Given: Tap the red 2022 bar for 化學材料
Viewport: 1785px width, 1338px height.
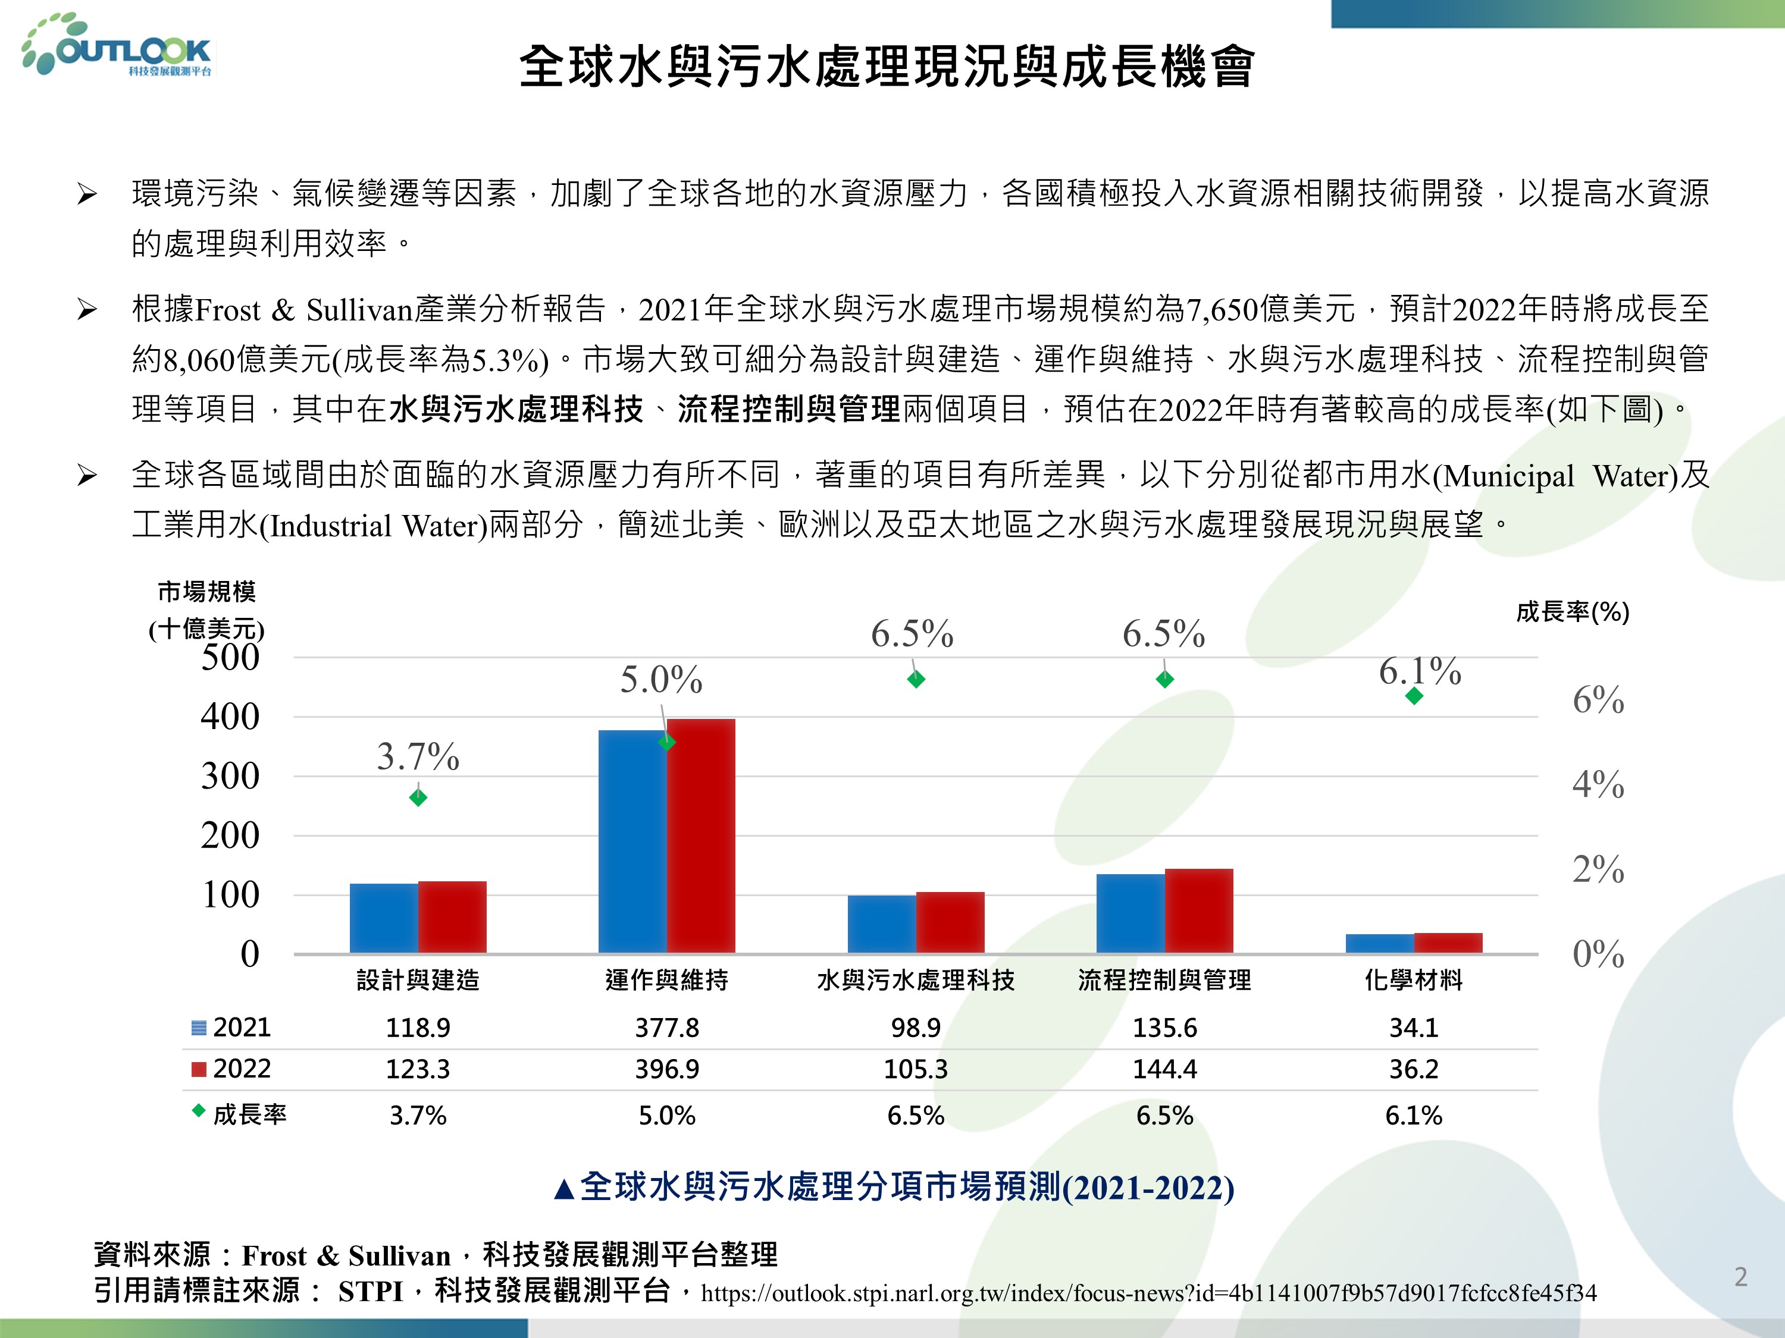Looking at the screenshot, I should (1448, 943).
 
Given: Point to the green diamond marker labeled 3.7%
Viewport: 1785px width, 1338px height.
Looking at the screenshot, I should (418, 797).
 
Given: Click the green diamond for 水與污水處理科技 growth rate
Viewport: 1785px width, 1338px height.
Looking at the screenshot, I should (916, 680).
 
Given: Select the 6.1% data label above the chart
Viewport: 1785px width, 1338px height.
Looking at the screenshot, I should (1420, 671).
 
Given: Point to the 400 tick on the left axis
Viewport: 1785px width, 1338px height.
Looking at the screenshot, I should (230, 716).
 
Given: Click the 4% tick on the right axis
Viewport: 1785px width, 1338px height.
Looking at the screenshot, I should (1598, 784).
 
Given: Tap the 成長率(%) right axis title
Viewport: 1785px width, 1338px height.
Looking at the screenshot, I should (1572, 612).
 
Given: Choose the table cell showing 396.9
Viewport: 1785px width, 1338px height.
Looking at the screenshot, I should (666, 1069).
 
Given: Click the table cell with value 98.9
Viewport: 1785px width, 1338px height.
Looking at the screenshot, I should (916, 1028).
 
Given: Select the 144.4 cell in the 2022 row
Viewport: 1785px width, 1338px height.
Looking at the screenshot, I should (1164, 1069).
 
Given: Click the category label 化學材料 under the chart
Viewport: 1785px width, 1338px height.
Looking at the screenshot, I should (1413, 980).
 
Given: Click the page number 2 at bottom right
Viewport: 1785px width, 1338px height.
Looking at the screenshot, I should (1740, 1277).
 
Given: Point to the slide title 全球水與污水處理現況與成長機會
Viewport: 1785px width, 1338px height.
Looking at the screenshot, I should (886, 66).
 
